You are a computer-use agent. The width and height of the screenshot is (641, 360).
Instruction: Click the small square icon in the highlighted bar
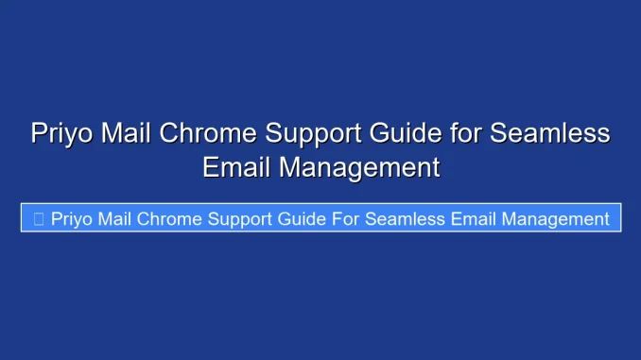click(38, 219)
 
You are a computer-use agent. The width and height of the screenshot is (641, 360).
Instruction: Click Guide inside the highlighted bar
click(307, 218)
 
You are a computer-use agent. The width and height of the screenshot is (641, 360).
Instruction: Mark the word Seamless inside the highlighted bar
click(410, 218)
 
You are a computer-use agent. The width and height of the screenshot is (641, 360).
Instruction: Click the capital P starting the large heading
click(39, 133)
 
